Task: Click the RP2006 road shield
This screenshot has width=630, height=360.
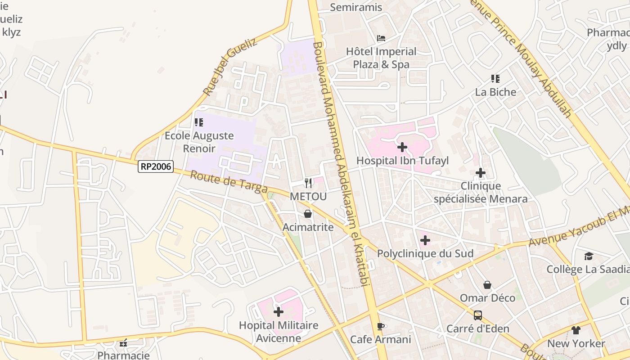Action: pos(155,166)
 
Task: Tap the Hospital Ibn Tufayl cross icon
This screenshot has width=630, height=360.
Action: pos(402,147)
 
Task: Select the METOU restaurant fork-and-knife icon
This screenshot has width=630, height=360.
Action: pos(308,183)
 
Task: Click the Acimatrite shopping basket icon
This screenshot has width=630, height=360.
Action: pos(308,213)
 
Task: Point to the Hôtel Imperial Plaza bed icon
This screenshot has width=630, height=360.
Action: pos(381,38)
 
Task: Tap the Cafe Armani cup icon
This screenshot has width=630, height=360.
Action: pos(381,326)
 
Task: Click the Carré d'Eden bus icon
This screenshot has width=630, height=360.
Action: pos(478,315)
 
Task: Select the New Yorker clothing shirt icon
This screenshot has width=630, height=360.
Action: pos(576,330)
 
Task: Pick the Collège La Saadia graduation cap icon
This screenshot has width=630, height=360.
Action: pos(589,256)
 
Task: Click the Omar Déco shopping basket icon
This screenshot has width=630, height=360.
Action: pos(487,284)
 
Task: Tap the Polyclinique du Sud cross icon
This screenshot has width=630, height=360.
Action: pos(425,240)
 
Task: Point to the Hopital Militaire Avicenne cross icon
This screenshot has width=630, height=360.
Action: pos(279,311)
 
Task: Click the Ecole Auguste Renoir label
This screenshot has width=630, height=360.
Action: pos(199,142)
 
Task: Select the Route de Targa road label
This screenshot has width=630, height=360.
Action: pos(229,182)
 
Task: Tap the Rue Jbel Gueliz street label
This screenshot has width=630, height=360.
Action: pos(229,67)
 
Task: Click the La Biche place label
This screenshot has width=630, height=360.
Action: pos(496,92)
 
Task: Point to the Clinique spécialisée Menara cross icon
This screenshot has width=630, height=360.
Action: pos(481,172)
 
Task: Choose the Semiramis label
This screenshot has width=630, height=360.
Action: pos(356,7)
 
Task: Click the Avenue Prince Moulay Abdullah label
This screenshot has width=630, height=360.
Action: pos(522,58)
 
